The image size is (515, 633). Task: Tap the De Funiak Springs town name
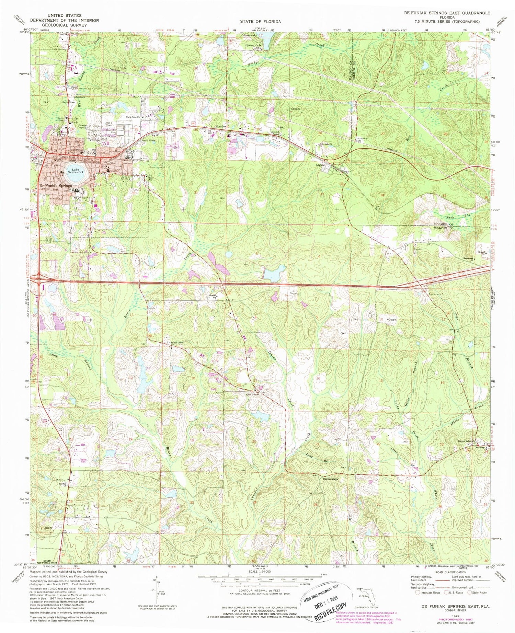pos(56,186)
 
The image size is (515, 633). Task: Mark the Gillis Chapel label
pos(252,394)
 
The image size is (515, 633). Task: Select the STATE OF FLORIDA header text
pos(260,22)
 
